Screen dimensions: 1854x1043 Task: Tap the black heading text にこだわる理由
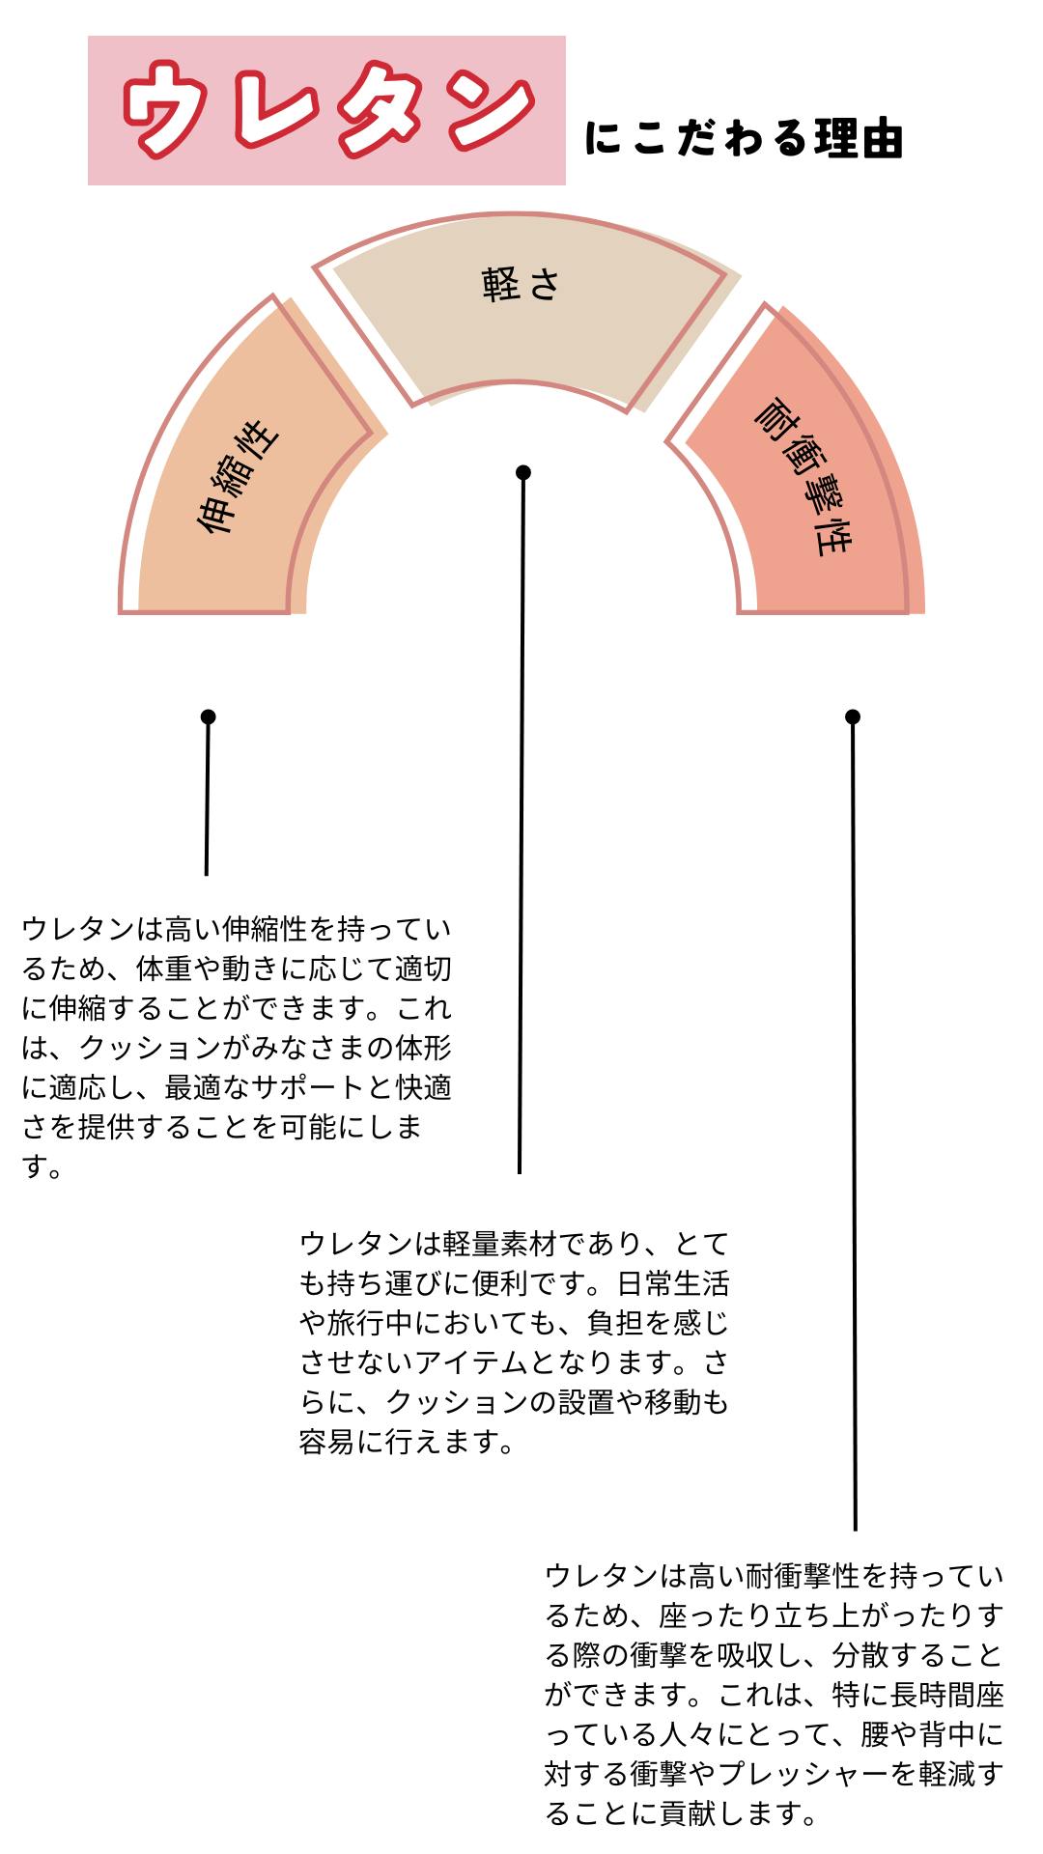click(744, 139)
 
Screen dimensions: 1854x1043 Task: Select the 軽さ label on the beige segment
click(521, 285)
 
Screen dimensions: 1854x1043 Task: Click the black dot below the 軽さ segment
click(523, 472)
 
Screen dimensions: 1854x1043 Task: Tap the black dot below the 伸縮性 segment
click(208, 716)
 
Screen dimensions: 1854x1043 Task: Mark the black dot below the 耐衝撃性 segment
click(852, 716)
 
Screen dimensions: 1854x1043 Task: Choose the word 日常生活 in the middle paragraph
click(672, 1282)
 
